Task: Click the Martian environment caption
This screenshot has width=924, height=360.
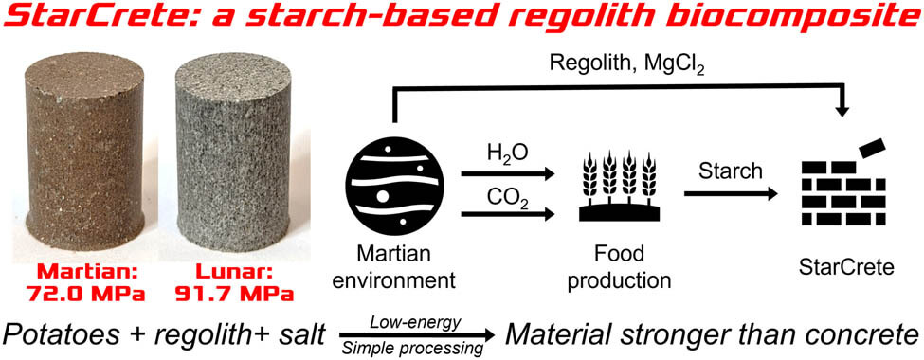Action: pos(394,268)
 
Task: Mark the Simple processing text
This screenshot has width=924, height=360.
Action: pos(417,348)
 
